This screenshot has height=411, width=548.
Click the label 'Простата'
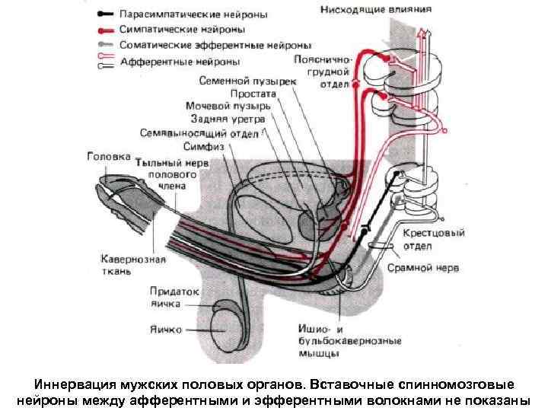click(253, 93)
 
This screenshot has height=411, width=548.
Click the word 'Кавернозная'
click(133, 259)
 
